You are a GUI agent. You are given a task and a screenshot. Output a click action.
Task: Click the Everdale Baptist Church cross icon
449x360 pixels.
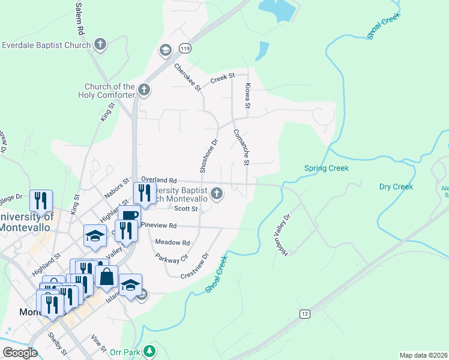pyautogui.click(x=100, y=44)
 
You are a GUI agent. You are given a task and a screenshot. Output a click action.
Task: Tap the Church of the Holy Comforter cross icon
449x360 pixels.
pyautogui.click(x=143, y=90)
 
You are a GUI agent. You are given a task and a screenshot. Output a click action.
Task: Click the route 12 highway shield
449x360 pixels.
pyautogui.click(x=305, y=314)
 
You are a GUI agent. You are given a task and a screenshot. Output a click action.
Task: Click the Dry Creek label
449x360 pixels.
pyautogui.click(x=396, y=187)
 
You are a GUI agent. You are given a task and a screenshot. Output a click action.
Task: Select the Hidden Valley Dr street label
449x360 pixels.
pyautogui.click(x=282, y=235)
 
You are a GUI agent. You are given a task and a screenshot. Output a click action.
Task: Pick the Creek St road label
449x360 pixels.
pyautogui.click(x=221, y=79)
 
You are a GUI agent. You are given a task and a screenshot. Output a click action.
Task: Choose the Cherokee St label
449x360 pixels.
pyautogui.click(x=187, y=77)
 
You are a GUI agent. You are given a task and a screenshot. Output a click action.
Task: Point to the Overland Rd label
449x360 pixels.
pyautogui.click(x=159, y=179)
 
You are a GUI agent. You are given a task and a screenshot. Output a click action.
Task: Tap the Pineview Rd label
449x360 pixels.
pyautogui.click(x=159, y=226)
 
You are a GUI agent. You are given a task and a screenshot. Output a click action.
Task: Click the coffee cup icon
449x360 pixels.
pyautogui.click(x=129, y=215)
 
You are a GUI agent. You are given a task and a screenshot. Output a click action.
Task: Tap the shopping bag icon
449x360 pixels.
pyautogui.click(x=106, y=277)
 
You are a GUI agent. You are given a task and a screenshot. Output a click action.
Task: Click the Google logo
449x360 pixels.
pyautogui.click(x=20, y=352)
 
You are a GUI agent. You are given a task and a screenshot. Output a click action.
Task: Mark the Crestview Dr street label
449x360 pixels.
pyautogui.click(x=196, y=264)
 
